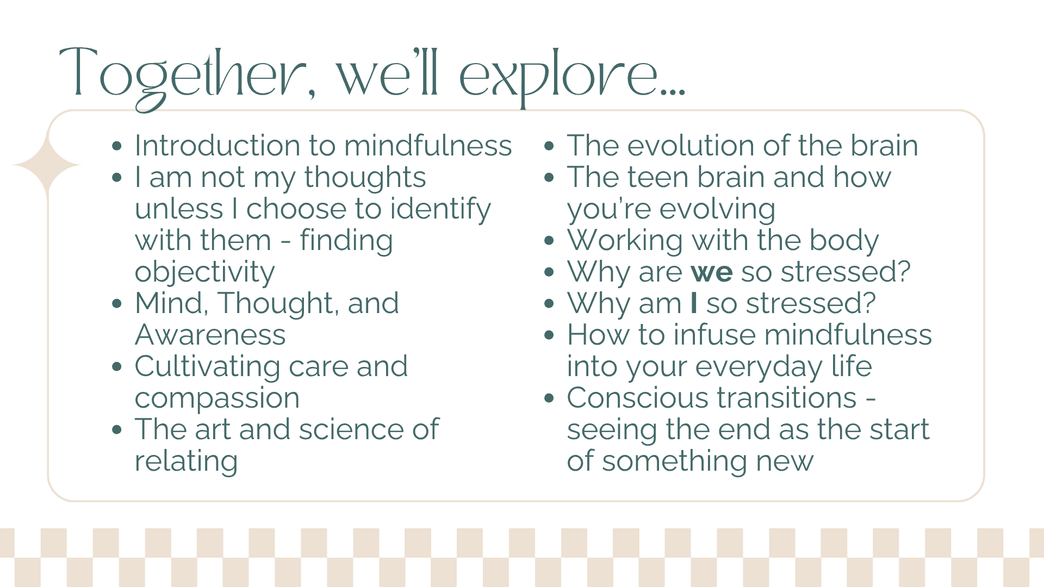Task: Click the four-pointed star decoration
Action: [x=47, y=165]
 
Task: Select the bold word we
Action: [x=712, y=271]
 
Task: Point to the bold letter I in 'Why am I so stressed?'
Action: [x=693, y=303]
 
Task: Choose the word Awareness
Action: [x=210, y=335]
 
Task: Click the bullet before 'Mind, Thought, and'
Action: [x=117, y=303]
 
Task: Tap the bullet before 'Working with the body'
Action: [x=549, y=240]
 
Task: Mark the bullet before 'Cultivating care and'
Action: [x=117, y=366]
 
